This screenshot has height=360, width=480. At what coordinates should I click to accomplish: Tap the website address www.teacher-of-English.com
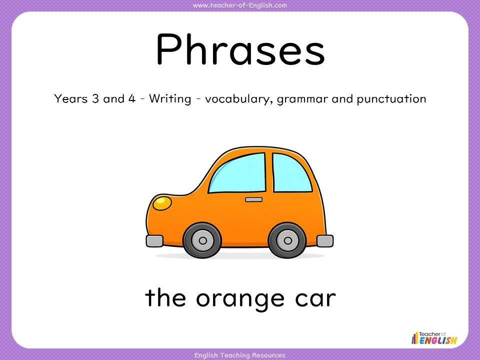coord(240,5)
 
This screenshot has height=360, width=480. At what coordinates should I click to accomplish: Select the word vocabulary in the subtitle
coord(238,99)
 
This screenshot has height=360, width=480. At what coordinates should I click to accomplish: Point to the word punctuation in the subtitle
coord(391,99)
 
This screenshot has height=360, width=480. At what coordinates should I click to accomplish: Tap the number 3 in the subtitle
coord(94,98)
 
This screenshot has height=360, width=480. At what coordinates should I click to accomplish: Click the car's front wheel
coord(202,240)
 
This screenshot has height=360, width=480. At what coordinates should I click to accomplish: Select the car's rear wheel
coord(287,240)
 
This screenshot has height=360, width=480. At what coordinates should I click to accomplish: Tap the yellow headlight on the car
coord(161,202)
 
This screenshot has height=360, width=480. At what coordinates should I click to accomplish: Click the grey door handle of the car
coord(253,199)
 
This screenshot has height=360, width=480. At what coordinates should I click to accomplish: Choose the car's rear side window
coord(292,172)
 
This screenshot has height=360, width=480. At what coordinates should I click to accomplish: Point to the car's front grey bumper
coord(154,241)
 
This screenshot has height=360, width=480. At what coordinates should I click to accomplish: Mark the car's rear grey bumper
coord(325,241)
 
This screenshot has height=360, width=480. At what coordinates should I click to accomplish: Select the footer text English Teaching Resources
coord(240,355)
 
